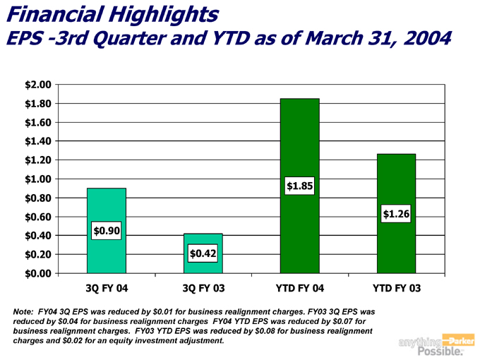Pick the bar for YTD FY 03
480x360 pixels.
pyautogui.click(x=396, y=184)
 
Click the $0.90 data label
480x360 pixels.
pyautogui.click(x=106, y=230)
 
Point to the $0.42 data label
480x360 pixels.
pyautogui.click(x=203, y=253)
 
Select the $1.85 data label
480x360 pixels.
pyautogui.click(x=299, y=186)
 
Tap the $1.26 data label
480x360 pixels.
pyautogui.click(x=396, y=212)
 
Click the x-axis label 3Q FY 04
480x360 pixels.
pyautogui.click(x=106, y=288)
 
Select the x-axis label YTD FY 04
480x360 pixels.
pyautogui.click(x=299, y=288)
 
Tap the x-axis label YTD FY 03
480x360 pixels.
pyautogui.click(x=396, y=288)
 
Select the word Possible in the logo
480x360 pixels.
pyautogui.click(x=441, y=352)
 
